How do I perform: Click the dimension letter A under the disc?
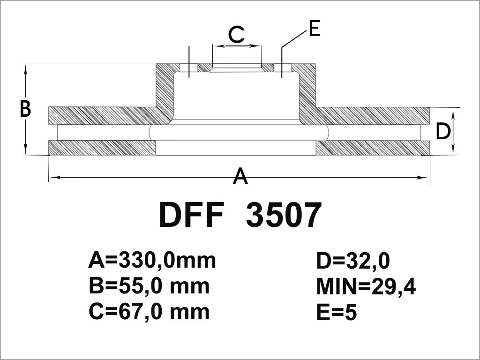240,176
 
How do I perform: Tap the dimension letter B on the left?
25,108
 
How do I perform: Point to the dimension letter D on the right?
443,131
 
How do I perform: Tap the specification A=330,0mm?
152,261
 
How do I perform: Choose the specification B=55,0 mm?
149,286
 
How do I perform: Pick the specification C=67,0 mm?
149,312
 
